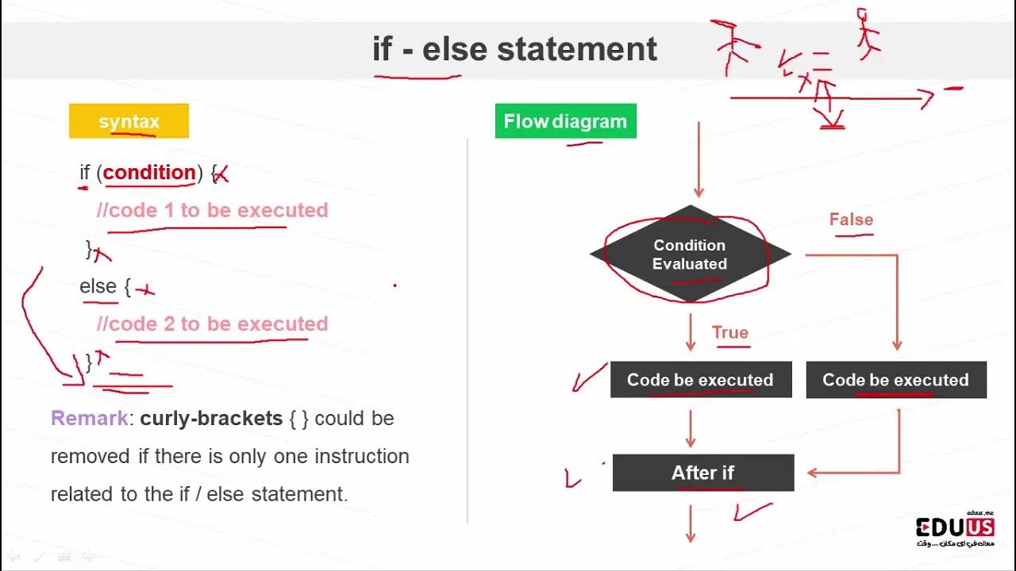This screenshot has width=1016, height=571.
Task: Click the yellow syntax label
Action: click(129, 121)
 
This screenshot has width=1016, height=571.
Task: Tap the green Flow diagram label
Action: click(565, 121)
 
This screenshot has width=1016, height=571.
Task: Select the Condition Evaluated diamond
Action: click(690, 255)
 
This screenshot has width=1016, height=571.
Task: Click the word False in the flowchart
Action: click(851, 220)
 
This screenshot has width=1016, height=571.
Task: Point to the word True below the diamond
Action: click(729, 332)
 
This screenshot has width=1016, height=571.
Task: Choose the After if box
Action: click(702, 473)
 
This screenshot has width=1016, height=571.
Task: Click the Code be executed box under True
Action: click(700, 380)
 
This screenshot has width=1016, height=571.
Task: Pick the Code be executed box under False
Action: click(895, 380)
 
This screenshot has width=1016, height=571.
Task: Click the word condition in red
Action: click(149, 172)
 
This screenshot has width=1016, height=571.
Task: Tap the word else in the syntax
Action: click(98, 285)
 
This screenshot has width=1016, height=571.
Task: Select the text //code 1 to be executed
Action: click(212, 210)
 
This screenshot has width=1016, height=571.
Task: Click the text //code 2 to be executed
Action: click(212, 324)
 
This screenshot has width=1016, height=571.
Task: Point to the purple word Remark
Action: click(89, 418)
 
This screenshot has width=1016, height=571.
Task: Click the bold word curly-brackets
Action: click(211, 418)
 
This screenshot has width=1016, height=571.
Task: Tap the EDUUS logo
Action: click(955, 528)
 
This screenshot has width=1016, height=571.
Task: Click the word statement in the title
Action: click(577, 49)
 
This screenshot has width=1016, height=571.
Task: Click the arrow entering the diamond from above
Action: click(698, 159)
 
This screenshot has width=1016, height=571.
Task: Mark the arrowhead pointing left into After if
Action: click(813, 473)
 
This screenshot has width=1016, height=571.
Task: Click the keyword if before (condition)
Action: click(85, 172)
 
